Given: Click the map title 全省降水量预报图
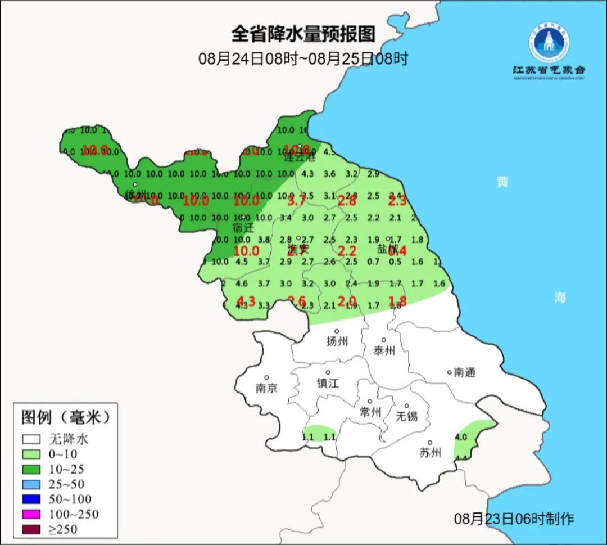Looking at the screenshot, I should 303,34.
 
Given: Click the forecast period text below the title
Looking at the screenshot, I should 303,58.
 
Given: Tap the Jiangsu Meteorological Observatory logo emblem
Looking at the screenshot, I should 549,42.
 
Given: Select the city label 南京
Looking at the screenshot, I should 266,388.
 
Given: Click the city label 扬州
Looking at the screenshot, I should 337,341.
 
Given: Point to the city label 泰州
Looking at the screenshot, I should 384,350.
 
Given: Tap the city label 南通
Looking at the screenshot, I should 465,372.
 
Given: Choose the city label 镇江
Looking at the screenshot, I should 328,383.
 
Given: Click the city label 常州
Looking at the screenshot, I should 370,412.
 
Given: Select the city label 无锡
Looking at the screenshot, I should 407,416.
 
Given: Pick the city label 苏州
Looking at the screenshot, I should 430,453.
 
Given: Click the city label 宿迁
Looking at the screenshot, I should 243,228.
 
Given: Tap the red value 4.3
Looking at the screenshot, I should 246,301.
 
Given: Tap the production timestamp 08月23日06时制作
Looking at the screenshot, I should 514,519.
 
